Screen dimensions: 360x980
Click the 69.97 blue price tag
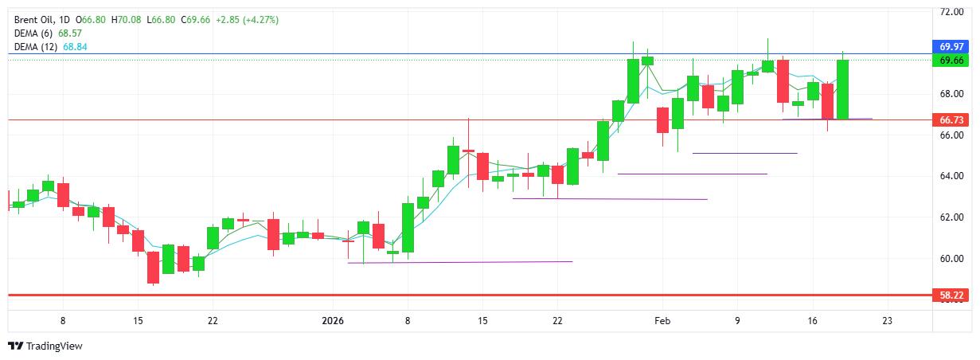tap(952, 45)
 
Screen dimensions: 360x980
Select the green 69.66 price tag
tap(952, 61)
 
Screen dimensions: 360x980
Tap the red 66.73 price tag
tap(952, 119)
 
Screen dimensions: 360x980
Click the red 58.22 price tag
tap(952, 295)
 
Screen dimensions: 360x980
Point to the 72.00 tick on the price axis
tap(952, 12)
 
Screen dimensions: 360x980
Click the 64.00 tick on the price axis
tap(952, 176)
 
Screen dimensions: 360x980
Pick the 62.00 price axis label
tap(952, 217)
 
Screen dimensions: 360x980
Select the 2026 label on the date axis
tap(333, 320)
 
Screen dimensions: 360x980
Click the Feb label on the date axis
tap(662, 320)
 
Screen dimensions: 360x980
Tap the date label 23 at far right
tap(887, 320)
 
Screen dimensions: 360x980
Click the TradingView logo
tap(45, 346)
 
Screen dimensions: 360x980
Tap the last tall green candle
tap(843, 89)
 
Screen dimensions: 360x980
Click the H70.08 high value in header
tap(127, 18)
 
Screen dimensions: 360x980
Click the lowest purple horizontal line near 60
tap(460, 261)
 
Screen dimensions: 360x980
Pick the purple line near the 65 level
tap(744, 153)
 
